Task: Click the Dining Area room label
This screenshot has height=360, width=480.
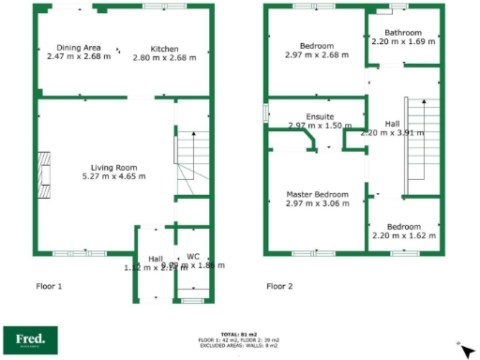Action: pos(79,47)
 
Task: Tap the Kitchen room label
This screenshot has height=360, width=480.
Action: pos(165,48)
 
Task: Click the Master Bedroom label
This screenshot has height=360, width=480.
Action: pos(317,194)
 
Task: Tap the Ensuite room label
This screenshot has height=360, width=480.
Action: pos(317,115)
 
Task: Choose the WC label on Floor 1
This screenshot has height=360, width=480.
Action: pos(193,255)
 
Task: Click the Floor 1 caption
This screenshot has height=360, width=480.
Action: pos(49,286)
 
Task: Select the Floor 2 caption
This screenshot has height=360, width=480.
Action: pos(279,286)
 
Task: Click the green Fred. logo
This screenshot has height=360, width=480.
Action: pos(31,338)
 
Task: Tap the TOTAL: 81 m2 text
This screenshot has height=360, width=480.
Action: pos(239,334)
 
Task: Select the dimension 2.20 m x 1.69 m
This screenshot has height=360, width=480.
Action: pos(404,42)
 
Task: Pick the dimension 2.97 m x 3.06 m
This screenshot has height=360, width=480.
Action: pos(317,203)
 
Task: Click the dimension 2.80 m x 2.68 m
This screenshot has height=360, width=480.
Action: pos(165,57)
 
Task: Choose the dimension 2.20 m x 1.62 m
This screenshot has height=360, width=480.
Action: pos(404,236)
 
